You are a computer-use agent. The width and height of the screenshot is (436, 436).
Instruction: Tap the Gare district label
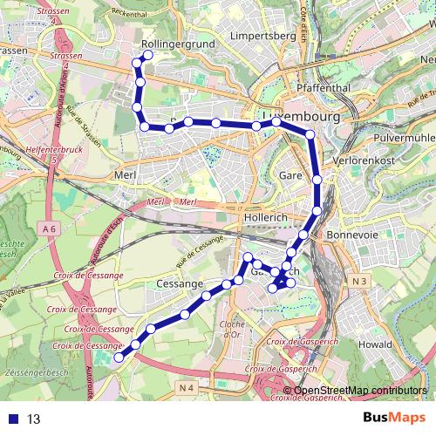[290, 175]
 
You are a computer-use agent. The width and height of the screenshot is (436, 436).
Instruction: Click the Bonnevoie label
[351, 235]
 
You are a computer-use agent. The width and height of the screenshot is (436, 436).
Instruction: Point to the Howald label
[376, 344]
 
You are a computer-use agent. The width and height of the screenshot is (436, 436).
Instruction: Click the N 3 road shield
[361, 281]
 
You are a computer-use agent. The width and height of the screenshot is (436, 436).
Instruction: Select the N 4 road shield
[185, 386]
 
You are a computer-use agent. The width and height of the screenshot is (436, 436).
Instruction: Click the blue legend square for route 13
[11, 419]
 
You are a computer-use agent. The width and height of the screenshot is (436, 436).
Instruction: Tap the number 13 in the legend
[33, 419]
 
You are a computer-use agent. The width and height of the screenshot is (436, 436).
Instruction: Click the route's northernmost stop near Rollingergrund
[147, 55]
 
